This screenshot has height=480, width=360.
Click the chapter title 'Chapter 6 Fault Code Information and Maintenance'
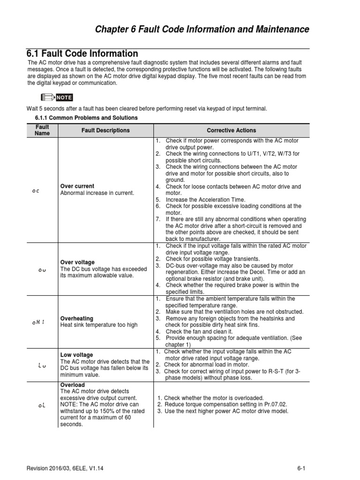[202, 30]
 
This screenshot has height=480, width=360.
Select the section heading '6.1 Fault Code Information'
[82, 53]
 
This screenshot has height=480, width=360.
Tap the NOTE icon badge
[57, 97]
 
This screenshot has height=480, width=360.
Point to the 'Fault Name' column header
[42, 130]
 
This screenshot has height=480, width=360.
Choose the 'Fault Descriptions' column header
[105, 130]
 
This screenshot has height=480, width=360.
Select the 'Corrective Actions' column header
[232, 130]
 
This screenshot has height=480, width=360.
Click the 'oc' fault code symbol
[36, 191]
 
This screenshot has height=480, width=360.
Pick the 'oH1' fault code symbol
[38, 322]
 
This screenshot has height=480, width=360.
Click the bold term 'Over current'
[77, 186]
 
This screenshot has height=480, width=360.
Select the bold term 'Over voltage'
[77, 262]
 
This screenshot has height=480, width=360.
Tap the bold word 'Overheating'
[77, 318]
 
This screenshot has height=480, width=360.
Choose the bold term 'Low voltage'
[77, 355]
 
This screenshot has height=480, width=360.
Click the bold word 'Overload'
[73, 385]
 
